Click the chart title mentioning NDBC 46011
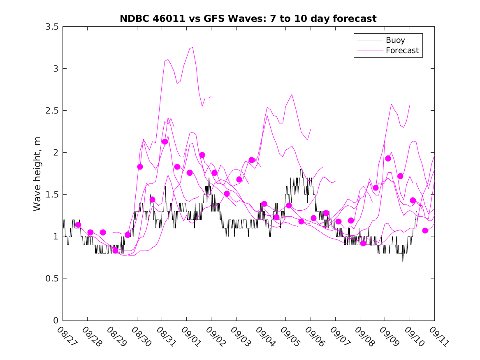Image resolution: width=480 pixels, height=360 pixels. (248, 19)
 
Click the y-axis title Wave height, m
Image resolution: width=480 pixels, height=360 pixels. (37, 174)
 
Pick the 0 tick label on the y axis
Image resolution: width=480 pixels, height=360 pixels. (56, 321)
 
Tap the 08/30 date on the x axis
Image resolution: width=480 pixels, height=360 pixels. (139, 336)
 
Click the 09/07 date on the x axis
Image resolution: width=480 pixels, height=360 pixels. (338, 336)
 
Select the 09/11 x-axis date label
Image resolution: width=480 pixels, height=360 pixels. (437, 336)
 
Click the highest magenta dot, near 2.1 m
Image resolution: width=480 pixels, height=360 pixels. (165, 142)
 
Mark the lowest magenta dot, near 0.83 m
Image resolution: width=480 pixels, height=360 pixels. (115, 251)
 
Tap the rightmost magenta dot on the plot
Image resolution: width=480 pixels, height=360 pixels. (425, 230)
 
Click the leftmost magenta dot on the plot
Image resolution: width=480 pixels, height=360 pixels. (78, 225)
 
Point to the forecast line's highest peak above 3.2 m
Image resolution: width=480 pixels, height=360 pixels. (192, 48)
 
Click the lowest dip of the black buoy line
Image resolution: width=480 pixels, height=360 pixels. (403, 261)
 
